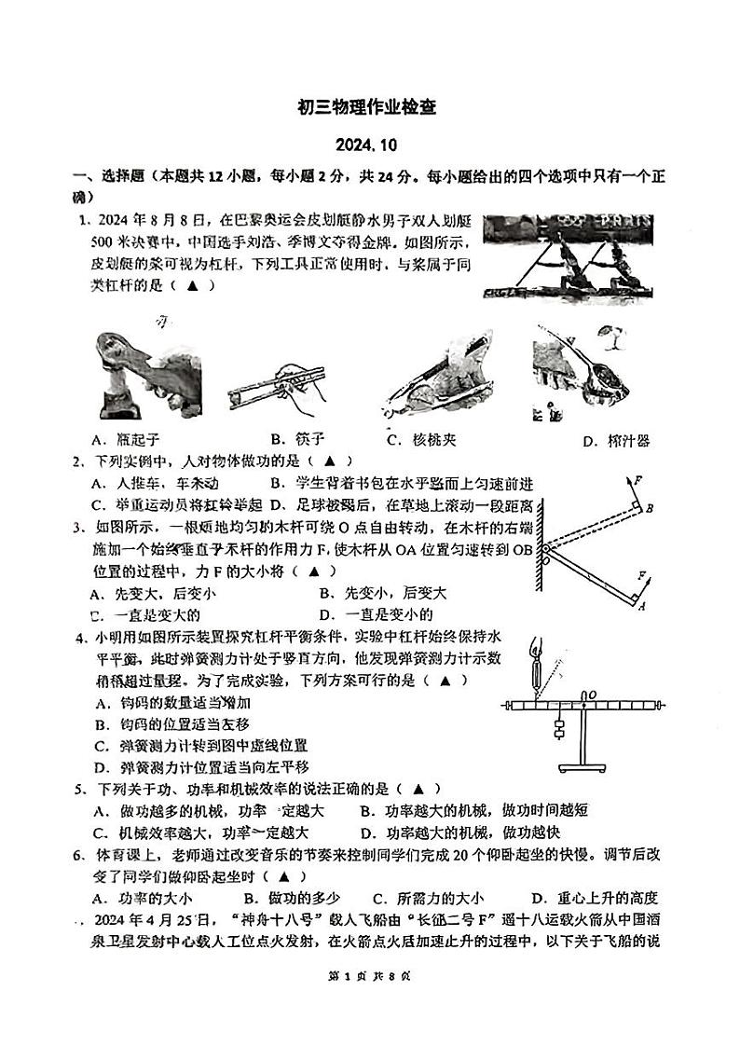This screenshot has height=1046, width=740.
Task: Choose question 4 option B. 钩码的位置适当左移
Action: coord(158,724)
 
